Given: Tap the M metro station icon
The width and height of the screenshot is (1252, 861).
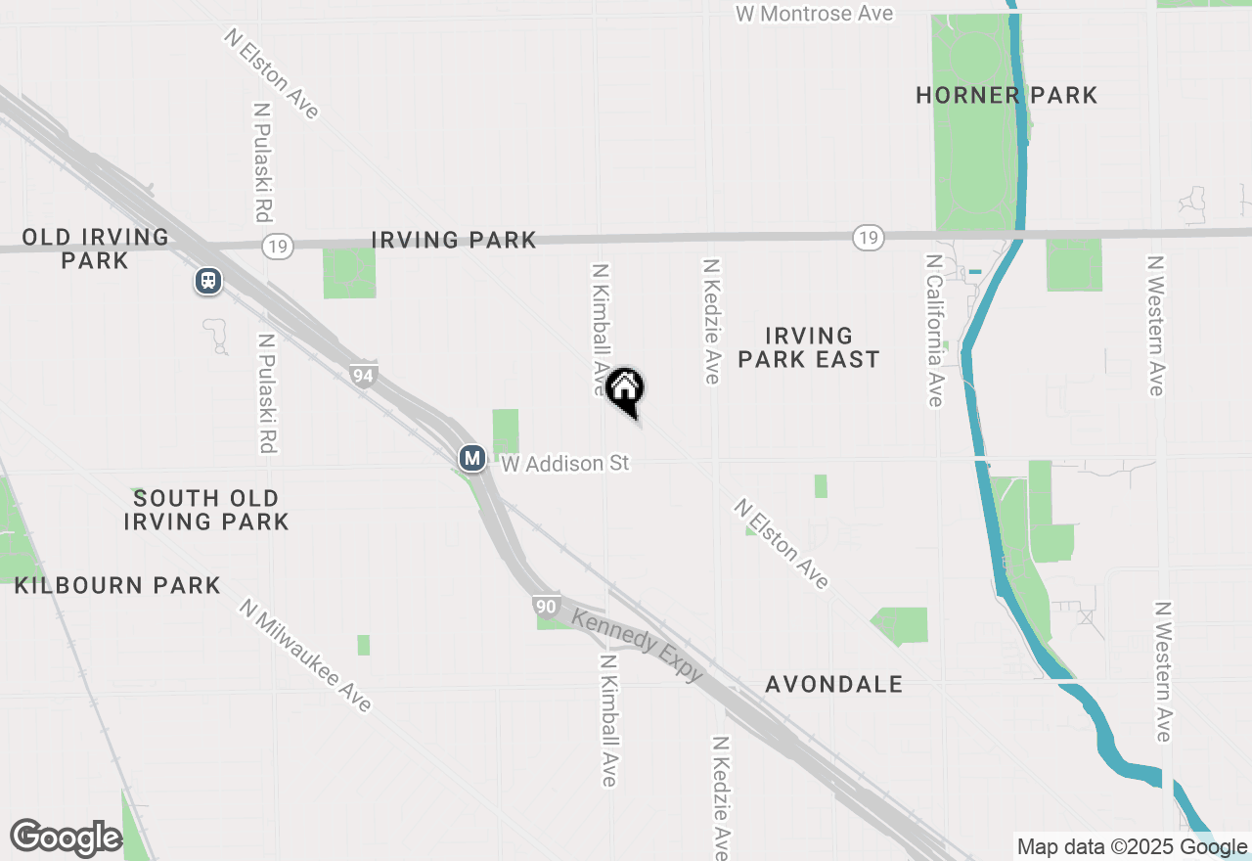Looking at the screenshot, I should (472, 457).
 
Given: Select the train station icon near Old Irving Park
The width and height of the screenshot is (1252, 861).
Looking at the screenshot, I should (207, 282).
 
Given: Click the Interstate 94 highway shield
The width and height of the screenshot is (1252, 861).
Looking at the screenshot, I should (364, 374).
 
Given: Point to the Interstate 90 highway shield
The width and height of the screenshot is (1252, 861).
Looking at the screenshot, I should (548, 607).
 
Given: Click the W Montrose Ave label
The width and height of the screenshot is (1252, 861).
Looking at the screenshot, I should (814, 14).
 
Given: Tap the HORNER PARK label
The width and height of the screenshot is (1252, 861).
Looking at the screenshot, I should (1006, 95).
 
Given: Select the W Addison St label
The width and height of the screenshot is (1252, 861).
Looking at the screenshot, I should (565, 463).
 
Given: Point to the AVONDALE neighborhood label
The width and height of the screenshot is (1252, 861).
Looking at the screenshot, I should (834, 684).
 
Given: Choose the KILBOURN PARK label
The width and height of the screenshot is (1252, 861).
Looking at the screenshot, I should (117, 585).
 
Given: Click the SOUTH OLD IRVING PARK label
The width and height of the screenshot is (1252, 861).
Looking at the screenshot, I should (206, 510).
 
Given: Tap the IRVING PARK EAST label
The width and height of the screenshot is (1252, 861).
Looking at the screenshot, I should (809, 348).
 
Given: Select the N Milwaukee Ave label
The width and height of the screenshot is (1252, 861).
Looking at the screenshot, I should (306, 655).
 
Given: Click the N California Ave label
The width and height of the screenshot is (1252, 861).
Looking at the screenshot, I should (934, 331).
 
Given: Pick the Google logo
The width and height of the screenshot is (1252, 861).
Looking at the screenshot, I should (66, 838).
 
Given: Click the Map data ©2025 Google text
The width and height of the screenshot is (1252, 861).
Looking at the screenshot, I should (1132, 846).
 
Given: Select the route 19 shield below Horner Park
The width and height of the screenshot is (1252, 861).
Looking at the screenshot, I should (868, 237).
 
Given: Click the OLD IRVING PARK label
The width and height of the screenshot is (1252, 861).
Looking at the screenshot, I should (95, 249).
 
